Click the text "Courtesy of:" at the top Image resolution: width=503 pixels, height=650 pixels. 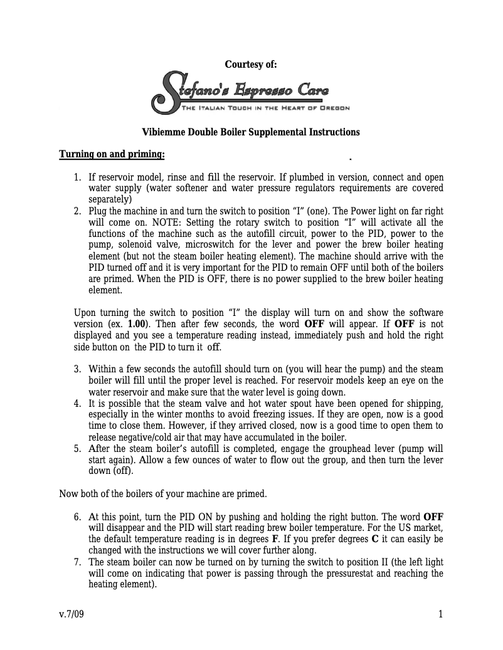pyautogui.click(x=251, y=65)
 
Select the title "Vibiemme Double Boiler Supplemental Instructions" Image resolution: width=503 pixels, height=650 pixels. pyautogui.click(x=251, y=132)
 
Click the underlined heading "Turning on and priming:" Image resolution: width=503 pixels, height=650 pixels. pyautogui.click(x=112, y=154)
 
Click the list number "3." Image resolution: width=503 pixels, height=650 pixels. pyautogui.click(x=78, y=369)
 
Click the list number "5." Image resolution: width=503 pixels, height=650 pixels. pyautogui.click(x=78, y=449)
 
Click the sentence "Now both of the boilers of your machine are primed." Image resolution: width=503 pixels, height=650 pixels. pyautogui.click(x=163, y=493)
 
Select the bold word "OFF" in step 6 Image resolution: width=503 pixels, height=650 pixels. pyautogui.click(x=433, y=517)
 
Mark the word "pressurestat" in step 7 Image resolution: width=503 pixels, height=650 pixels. pyautogui.click(x=354, y=574)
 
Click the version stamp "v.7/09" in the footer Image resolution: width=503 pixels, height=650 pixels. pyautogui.click(x=71, y=614)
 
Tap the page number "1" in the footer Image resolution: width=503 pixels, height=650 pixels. pyautogui.click(x=440, y=614)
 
